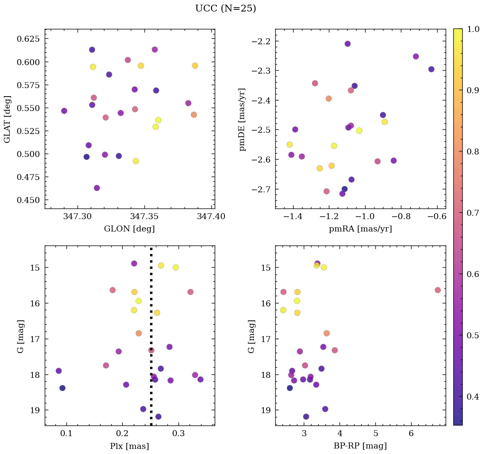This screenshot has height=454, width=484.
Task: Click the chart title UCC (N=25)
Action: [225, 9]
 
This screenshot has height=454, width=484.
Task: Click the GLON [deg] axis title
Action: [129, 229]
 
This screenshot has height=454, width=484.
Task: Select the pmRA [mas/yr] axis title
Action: [360, 229]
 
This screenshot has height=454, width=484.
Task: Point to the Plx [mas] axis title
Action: [129, 446]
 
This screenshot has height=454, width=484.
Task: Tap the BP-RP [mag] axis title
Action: [360, 446]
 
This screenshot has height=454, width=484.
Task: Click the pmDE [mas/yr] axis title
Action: [242, 120]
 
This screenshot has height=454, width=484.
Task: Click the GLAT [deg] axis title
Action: [7, 119]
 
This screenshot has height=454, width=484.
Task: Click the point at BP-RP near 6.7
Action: [438, 290]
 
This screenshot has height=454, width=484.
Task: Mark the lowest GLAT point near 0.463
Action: [97, 188]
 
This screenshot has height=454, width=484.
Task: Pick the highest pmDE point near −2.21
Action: [348, 44]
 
